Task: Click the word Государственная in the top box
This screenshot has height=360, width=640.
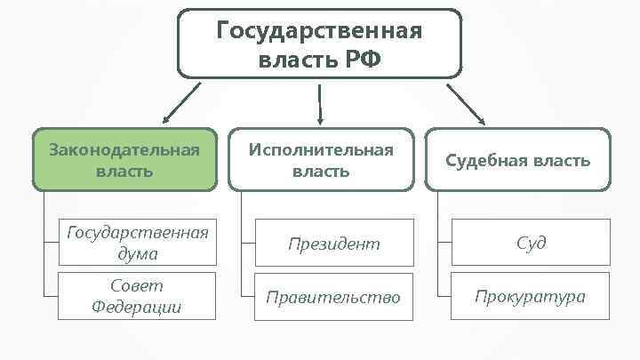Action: coord(320,32)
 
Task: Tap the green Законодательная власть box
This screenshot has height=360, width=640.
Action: coord(124,159)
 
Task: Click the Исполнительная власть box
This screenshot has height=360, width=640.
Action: coord(320,159)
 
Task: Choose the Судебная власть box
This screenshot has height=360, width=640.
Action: coord(517,160)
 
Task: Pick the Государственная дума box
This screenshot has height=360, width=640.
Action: coord(137,243)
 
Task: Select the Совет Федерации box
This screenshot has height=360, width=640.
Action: coord(137,296)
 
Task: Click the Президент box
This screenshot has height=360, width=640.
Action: coord(334,243)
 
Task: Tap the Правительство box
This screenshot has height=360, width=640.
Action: coord(334,297)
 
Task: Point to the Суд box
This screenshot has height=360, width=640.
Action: coord(531,243)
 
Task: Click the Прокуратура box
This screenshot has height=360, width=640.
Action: coord(531,297)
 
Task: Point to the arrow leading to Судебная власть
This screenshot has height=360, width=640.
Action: coord(466,104)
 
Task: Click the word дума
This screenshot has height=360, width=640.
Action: coord(137,253)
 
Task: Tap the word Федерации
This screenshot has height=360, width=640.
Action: coord(137,308)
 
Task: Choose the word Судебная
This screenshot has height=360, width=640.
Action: coord(487,161)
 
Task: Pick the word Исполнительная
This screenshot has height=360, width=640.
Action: coord(320,148)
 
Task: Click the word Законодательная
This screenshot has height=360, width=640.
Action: coord(124,148)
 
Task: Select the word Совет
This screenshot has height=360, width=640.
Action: coord(137,286)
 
